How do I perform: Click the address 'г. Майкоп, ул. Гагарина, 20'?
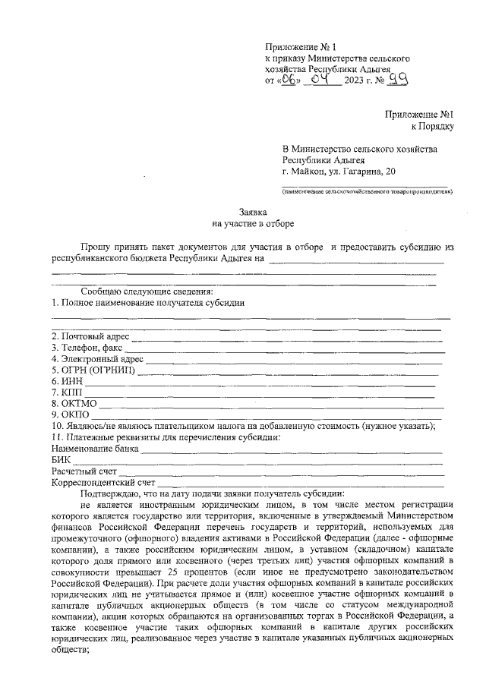(x=339, y=173)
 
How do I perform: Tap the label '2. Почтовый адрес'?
(x=90, y=336)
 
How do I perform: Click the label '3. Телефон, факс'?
(x=87, y=347)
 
